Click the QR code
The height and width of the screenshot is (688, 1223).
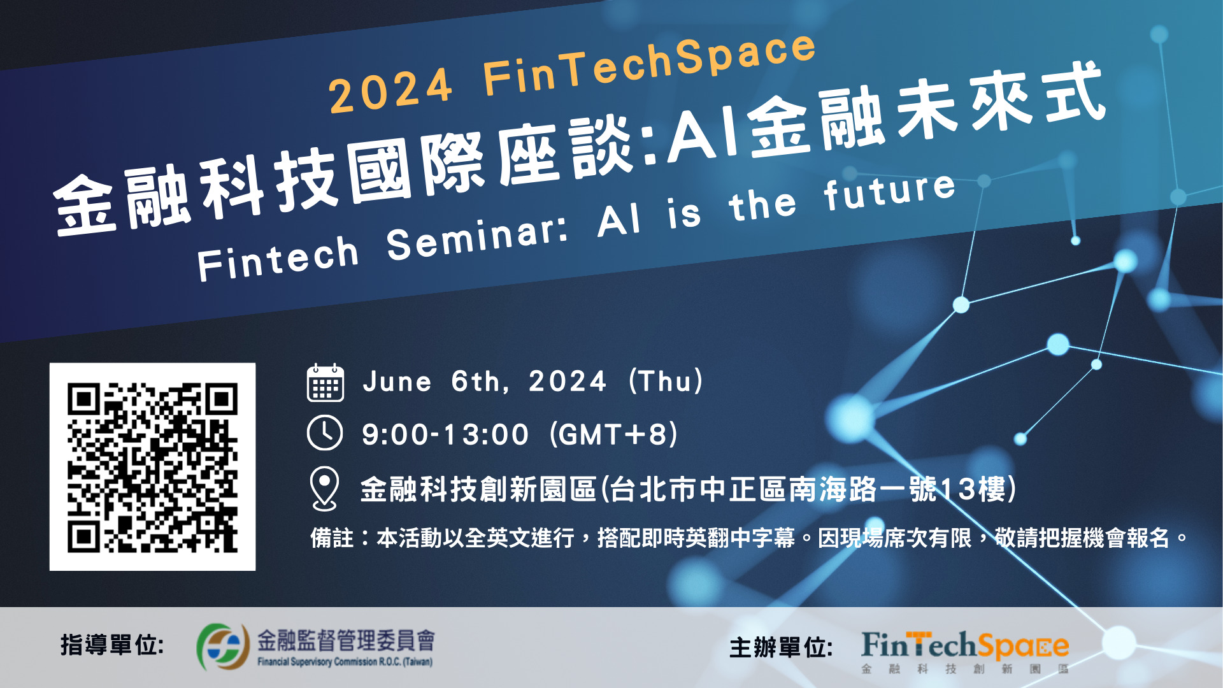click(x=152, y=467)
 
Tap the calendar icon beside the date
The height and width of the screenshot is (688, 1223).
click(x=325, y=383)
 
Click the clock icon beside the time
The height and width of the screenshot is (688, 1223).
click(x=325, y=433)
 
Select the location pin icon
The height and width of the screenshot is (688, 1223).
click(x=324, y=489)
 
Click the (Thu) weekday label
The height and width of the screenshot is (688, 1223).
click(x=666, y=381)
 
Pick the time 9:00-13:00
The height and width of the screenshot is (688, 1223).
click(x=445, y=435)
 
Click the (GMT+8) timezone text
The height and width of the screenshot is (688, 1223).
click(x=614, y=434)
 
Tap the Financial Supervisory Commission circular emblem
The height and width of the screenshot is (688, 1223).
click(x=222, y=647)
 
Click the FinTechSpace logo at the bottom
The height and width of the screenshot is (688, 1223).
click(x=965, y=651)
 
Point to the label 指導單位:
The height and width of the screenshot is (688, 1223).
click(x=112, y=645)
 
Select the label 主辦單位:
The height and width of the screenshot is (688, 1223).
click(x=781, y=648)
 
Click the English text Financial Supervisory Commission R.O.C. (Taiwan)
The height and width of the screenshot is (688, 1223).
click(x=345, y=662)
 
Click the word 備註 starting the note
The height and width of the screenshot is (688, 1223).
click(x=332, y=538)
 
